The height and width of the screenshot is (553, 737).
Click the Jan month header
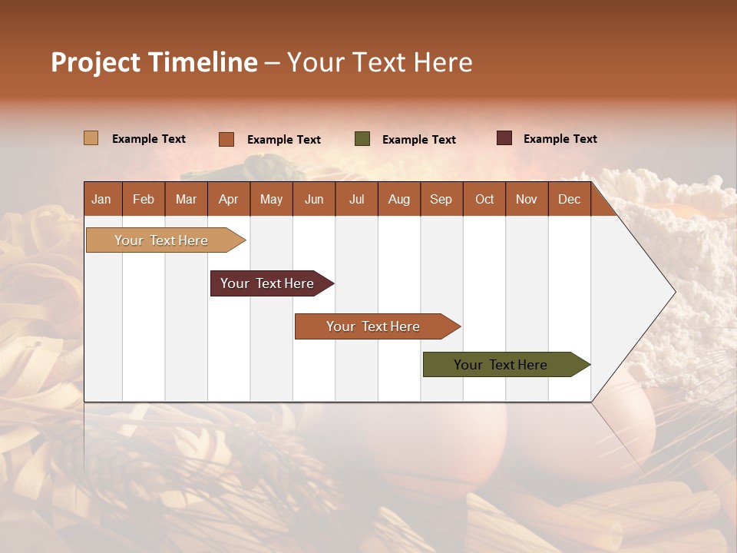[101, 199]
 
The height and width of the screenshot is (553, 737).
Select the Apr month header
[228, 199]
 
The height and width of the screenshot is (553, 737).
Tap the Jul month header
[356, 199]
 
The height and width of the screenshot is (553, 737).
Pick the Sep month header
[441, 199]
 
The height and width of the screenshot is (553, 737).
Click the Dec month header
[569, 199]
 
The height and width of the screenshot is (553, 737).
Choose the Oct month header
[484, 199]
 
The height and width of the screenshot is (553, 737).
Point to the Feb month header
[144, 199]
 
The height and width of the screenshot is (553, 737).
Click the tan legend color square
[91, 138]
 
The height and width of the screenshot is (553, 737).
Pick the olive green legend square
[362, 139]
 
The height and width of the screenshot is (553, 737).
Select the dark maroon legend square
[504, 138]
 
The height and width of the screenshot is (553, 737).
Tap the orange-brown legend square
[226, 139]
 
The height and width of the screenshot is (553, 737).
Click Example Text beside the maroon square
[560, 139]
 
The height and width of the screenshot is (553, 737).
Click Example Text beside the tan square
[149, 139]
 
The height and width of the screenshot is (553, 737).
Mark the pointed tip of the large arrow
[674, 292]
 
